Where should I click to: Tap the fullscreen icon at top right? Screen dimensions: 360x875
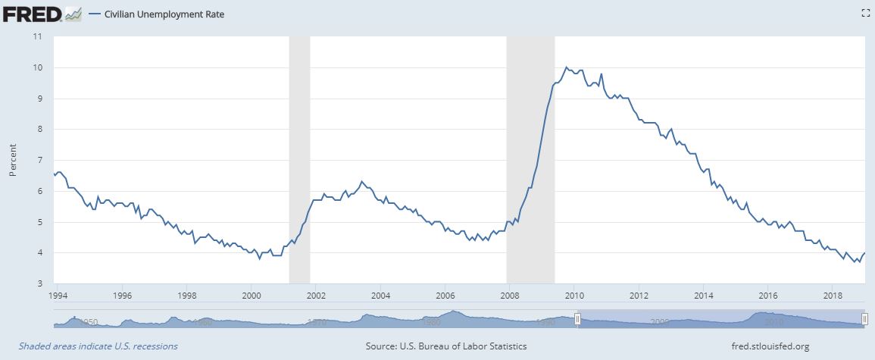(x=865, y=13)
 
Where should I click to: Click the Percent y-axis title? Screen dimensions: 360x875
(x=13, y=160)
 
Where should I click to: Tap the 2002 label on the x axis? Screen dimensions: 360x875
(x=316, y=296)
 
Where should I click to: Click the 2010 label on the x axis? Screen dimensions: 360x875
(x=574, y=296)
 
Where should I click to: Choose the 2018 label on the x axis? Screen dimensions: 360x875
(x=833, y=296)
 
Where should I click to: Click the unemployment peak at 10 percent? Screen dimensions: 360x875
(x=566, y=67)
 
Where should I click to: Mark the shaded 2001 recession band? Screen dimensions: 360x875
(x=300, y=159)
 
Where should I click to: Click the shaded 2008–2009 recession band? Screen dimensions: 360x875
(x=530, y=159)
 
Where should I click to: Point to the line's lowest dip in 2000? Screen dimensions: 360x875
(x=260, y=258)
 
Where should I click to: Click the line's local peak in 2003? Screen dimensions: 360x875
(x=362, y=182)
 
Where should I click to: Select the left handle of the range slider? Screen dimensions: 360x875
(x=577, y=320)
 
